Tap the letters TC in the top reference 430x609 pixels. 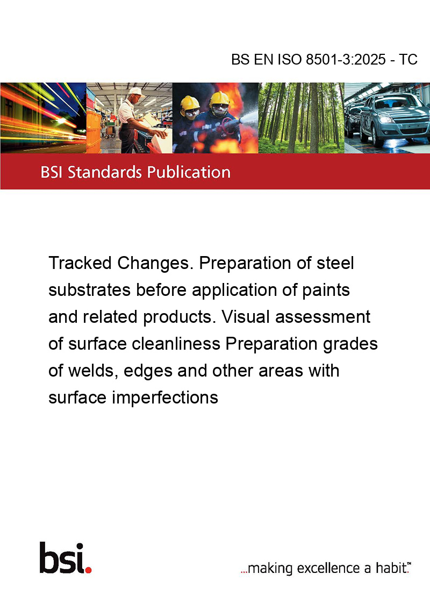(408, 59)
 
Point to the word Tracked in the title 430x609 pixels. (80, 263)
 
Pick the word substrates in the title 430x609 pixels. (89, 290)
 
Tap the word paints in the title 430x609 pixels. (326, 290)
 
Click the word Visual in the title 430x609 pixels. (246, 317)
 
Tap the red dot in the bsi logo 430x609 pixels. (88, 570)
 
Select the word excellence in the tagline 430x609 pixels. (328, 568)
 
